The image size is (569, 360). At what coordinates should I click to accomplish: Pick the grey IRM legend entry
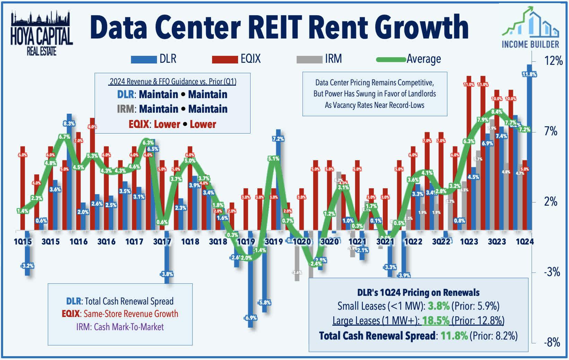pyautogui.click(x=319, y=59)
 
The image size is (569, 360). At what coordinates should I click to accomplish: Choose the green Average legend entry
pyautogui.click(x=409, y=59)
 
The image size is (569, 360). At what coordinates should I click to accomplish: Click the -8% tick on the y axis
pyautogui.click(x=552, y=342)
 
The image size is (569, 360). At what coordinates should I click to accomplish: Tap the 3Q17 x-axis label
pyautogui.click(x=162, y=241)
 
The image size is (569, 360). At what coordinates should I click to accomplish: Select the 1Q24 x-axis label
pyautogui.click(x=524, y=241)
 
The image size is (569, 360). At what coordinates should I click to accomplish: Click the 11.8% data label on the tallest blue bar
pyautogui.click(x=529, y=74)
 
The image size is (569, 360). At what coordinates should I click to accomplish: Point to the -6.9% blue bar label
pyautogui.click(x=250, y=318)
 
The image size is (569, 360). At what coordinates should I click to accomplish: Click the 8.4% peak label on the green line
pyautogui.click(x=497, y=112)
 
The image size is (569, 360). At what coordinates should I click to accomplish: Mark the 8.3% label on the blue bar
pyautogui.click(x=69, y=123)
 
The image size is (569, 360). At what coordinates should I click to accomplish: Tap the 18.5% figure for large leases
pyautogui.click(x=436, y=320)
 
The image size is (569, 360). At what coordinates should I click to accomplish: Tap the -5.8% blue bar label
pyautogui.click(x=265, y=302)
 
